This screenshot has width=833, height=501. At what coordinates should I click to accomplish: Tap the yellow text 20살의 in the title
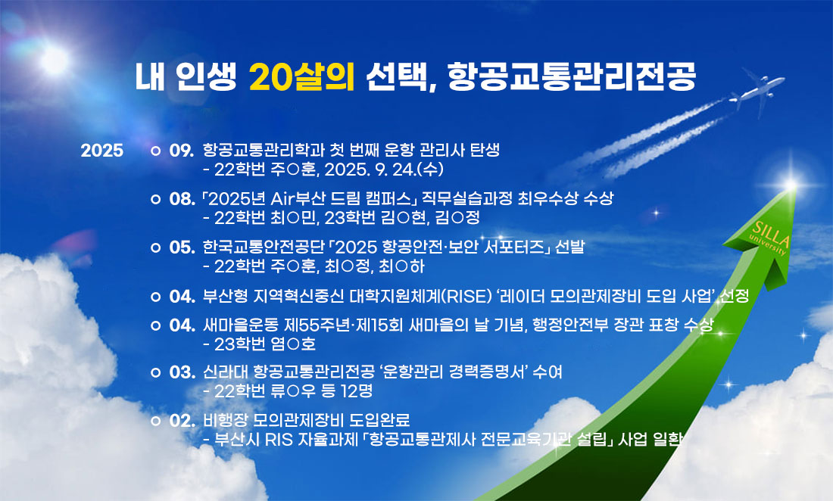point(301,77)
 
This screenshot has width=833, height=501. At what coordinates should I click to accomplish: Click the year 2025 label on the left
point(102,151)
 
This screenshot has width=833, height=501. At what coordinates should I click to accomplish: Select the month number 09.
point(182,151)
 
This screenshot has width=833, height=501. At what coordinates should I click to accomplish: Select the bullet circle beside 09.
point(155,151)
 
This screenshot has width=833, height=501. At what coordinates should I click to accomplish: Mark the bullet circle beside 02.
point(155,421)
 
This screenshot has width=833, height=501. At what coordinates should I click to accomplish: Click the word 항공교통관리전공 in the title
point(572,77)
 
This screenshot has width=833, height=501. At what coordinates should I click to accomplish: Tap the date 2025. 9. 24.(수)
point(384,170)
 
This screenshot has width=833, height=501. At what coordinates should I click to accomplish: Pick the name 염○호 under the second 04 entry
point(293,344)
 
